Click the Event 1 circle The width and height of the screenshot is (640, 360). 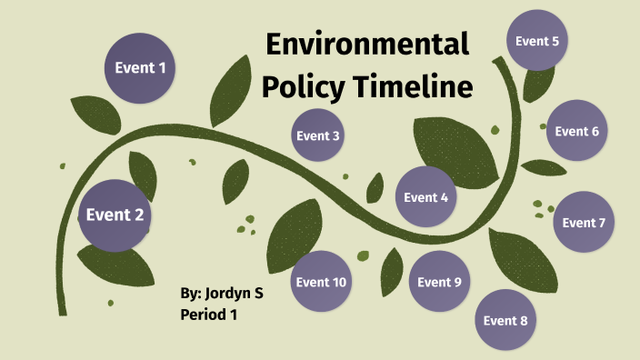[140, 66]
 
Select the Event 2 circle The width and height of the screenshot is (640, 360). [115, 215]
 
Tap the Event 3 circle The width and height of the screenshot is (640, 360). [318, 135]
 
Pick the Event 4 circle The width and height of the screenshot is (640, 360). [425, 196]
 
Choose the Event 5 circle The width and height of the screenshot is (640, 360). [536, 41]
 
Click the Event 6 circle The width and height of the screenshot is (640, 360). [576, 131]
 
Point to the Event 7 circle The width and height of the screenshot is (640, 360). [584, 222]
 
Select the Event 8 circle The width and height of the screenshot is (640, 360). [505, 320]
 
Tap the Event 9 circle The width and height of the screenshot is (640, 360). [439, 281]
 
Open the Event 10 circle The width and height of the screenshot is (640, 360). [321, 282]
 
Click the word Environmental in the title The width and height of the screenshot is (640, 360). [367, 44]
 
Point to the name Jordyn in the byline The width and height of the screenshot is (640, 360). [232, 294]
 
